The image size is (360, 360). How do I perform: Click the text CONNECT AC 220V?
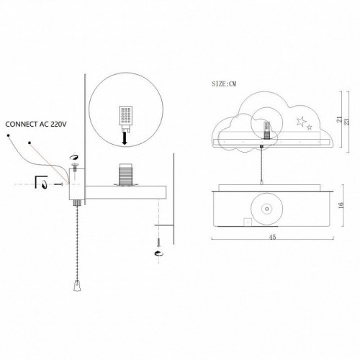point(36,125)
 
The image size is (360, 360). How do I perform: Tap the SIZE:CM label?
point(224,84)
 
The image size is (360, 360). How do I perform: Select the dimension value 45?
point(272,237)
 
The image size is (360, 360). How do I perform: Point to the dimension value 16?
point(341,205)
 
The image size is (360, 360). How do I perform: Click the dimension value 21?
point(339,120)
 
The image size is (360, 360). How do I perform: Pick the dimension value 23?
point(347,122)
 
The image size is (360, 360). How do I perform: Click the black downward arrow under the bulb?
point(125,139)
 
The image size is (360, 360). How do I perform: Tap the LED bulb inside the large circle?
point(126,118)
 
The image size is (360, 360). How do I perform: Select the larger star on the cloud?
point(301,122)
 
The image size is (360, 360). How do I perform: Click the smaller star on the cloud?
point(310,127)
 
